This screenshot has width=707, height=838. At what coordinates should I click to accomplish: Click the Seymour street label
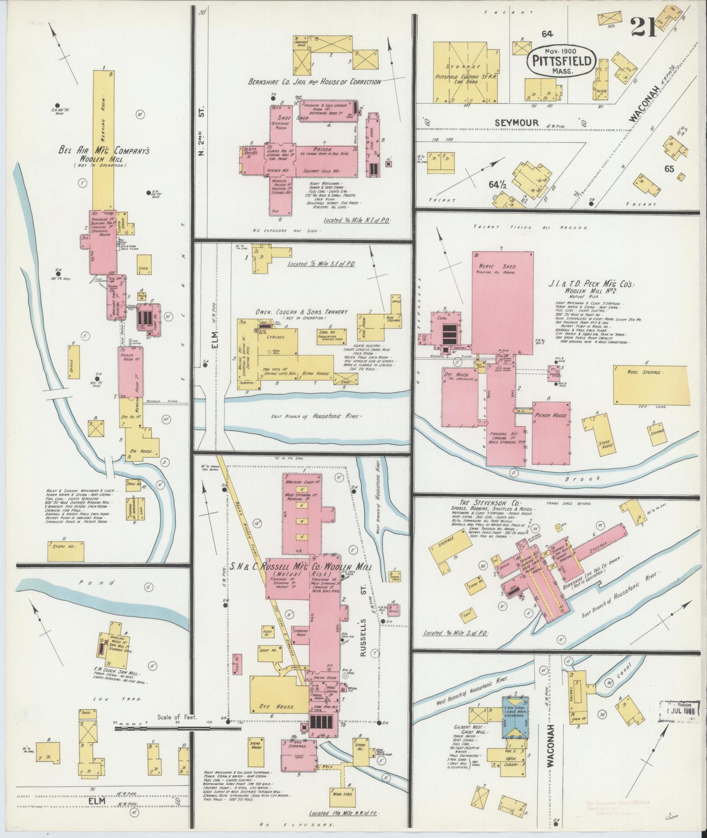516,123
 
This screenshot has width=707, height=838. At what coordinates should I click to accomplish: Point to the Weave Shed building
502,302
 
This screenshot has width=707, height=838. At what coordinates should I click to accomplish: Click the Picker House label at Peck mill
550,415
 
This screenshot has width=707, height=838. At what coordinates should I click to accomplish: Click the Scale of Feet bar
178,728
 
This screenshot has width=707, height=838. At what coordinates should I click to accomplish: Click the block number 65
669,169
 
